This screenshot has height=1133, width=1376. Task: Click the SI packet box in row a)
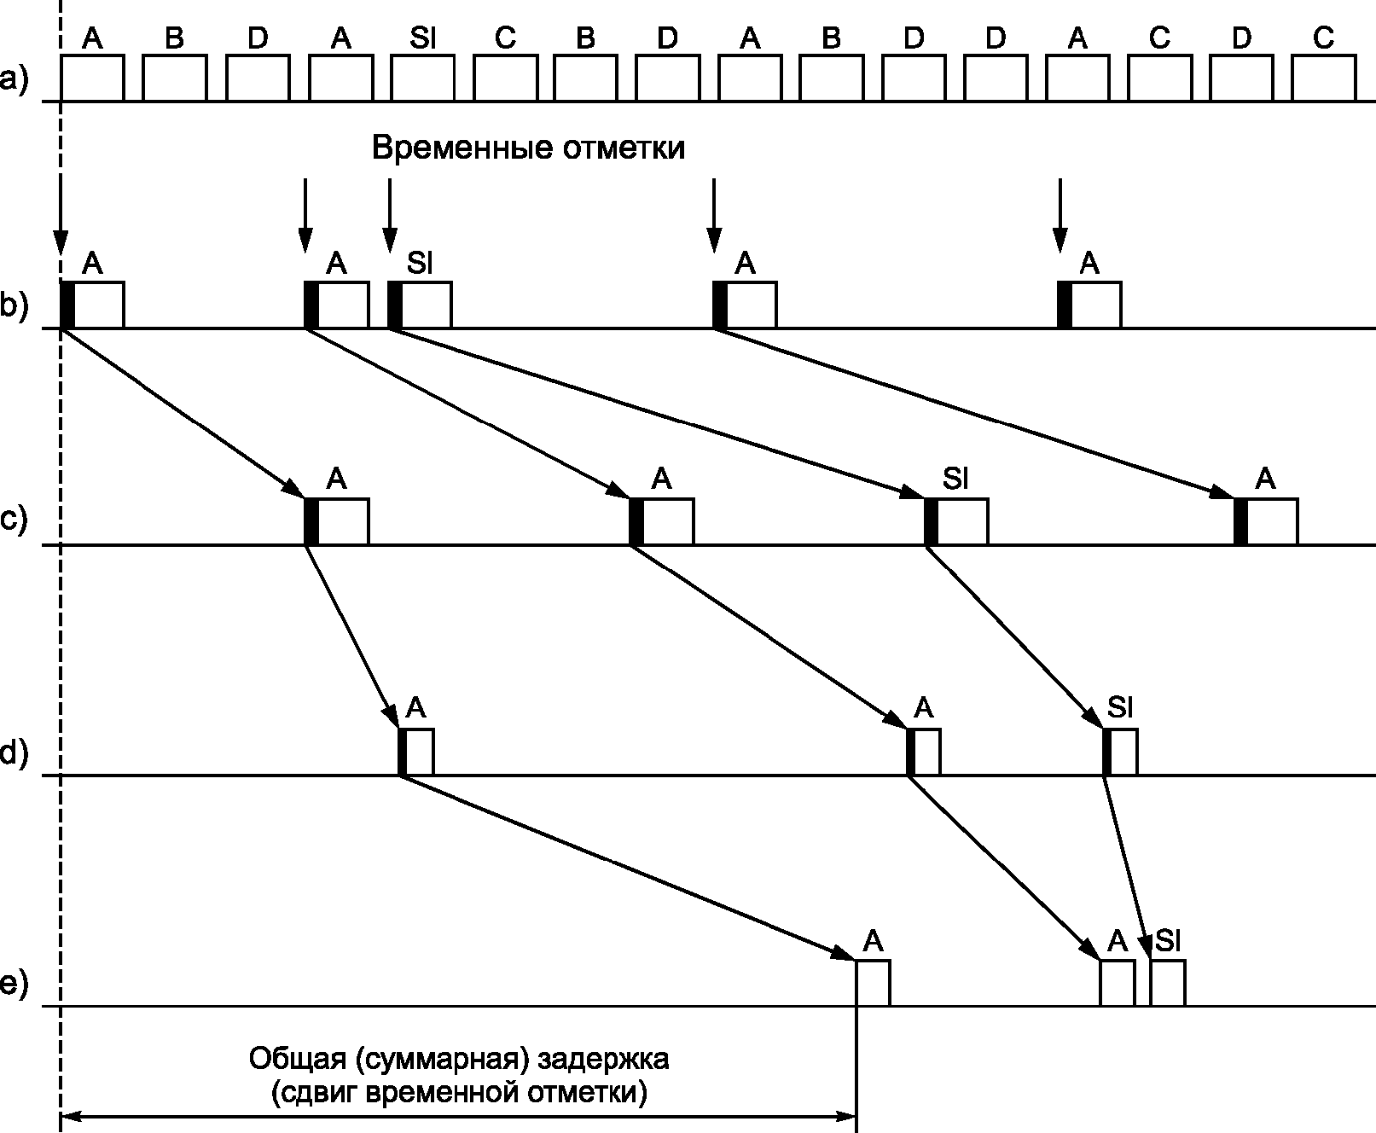[422, 78]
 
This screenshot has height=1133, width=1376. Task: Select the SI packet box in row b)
[420, 305]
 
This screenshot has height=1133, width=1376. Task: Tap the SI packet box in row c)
[956, 521]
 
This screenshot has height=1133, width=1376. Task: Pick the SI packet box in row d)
[1120, 752]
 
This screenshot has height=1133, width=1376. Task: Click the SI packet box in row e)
[1168, 983]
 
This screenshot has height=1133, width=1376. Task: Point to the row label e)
[14, 984]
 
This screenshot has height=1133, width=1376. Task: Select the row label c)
[14, 520]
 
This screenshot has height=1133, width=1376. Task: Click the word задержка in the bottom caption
[603, 1059]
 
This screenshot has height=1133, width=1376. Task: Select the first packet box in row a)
[93, 78]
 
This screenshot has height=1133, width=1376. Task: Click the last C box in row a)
[1324, 78]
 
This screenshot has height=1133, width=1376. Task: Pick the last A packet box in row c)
[1266, 521]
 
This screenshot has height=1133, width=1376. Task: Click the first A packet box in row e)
[873, 983]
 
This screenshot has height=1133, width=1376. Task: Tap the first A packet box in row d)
[416, 752]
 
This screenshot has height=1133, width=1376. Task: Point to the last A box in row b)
[1089, 305]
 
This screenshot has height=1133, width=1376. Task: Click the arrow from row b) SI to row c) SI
[656, 413]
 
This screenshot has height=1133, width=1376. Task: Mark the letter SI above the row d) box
[1120, 707]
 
